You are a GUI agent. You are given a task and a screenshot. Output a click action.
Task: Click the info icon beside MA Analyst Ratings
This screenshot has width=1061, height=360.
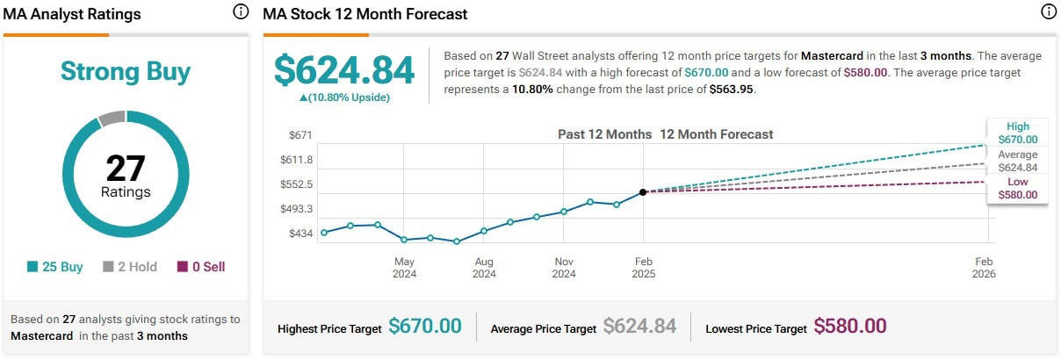point(241,12)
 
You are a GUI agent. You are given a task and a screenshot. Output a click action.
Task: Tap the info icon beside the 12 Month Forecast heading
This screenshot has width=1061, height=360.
point(1048,12)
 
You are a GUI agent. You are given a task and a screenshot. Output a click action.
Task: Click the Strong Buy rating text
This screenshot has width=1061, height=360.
point(126,71)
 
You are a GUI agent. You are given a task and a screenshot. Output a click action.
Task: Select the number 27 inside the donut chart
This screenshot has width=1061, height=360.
point(126,169)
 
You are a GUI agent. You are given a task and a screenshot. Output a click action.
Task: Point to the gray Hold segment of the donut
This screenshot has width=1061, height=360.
point(112,119)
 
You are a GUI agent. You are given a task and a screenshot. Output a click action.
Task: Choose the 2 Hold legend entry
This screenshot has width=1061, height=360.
point(130,267)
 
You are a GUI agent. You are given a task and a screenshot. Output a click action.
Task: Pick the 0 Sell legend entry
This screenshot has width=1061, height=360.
point(201,267)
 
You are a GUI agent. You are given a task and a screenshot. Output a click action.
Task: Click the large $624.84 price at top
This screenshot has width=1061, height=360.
point(344,70)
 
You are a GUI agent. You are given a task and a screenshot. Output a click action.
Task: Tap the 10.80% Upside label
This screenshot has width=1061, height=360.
point(344,97)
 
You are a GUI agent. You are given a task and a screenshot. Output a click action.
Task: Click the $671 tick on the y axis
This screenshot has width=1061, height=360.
point(300,135)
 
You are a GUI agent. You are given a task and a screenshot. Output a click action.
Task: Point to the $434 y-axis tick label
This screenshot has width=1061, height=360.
point(300,233)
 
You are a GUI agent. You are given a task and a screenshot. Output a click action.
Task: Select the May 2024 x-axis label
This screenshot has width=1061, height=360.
point(404,267)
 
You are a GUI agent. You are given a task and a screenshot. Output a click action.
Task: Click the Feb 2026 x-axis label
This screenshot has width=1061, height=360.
point(983,267)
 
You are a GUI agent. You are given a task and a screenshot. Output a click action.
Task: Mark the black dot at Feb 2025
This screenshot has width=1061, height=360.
point(643,191)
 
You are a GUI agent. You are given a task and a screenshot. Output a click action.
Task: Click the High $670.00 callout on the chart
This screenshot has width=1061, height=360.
point(1018,133)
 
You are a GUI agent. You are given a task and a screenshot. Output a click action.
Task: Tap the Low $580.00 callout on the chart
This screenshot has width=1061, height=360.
point(1018,189)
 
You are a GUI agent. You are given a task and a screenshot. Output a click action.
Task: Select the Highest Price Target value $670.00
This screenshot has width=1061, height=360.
point(425,327)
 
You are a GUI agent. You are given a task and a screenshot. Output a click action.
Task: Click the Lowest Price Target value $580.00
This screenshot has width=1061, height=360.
point(850,327)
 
